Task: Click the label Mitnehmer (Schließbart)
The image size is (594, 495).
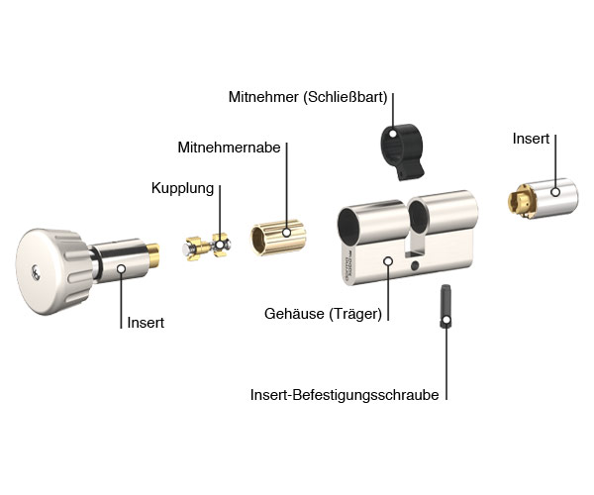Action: (x=308, y=97)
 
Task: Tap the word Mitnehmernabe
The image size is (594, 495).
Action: (x=230, y=148)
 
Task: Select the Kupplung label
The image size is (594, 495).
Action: (x=182, y=187)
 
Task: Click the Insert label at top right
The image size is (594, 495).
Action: (x=531, y=139)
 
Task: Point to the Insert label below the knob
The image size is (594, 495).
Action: (x=146, y=323)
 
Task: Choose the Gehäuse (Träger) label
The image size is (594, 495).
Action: (x=323, y=314)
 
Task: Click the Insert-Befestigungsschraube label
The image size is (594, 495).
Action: (x=345, y=394)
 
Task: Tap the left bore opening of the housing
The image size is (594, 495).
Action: (x=359, y=223)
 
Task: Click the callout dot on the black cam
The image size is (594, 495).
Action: (x=392, y=131)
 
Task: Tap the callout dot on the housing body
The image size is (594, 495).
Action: (x=387, y=262)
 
